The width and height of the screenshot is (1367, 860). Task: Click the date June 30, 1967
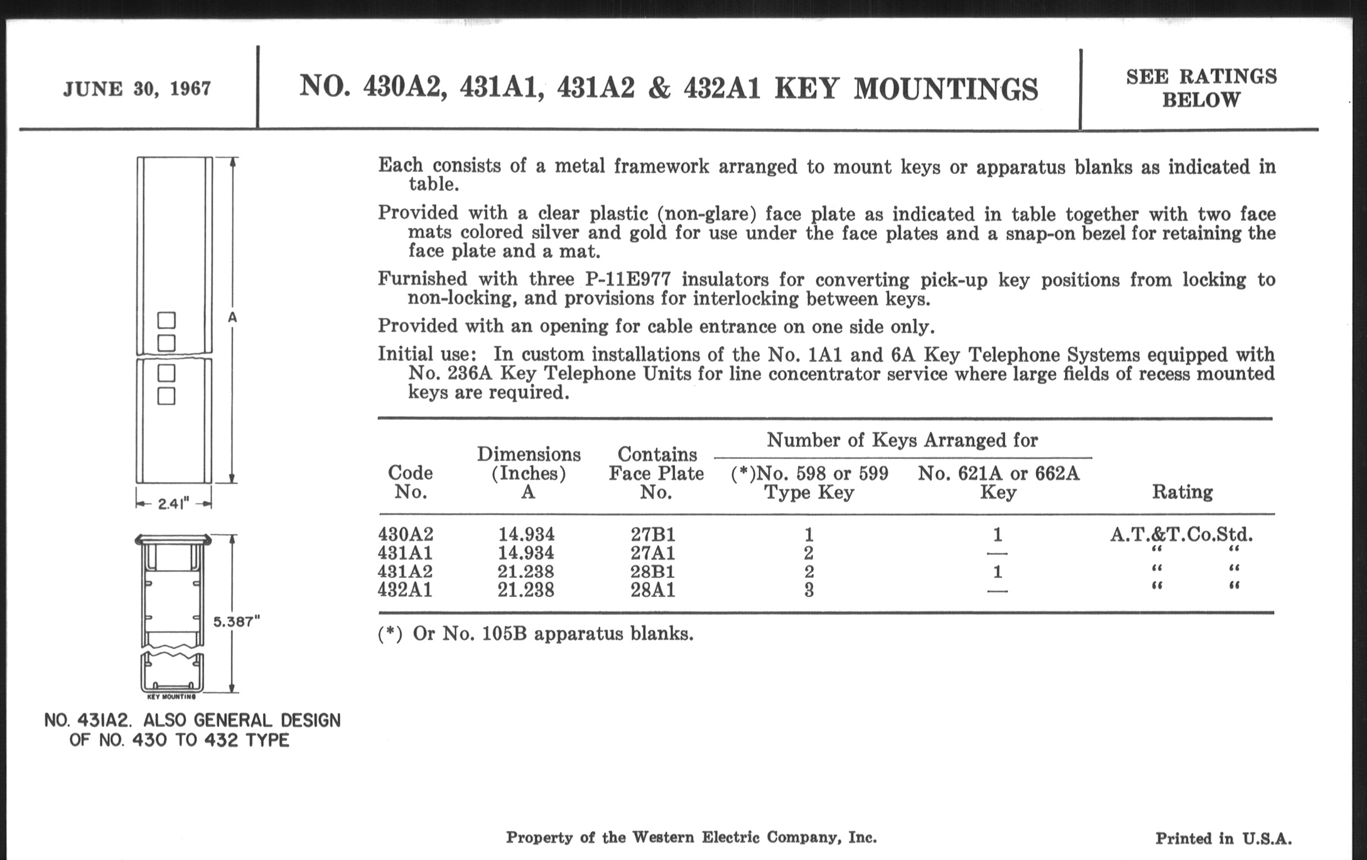(x=137, y=89)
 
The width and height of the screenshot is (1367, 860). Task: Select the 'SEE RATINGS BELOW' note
(x=1201, y=88)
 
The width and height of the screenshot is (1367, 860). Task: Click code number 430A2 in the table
(x=405, y=534)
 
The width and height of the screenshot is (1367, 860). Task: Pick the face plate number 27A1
(x=653, y=553)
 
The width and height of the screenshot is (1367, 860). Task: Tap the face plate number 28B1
(x=653, y=571)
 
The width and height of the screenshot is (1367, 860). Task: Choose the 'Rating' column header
(x=1182, y=492)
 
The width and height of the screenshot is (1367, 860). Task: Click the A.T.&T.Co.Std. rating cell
(x=1182, y=534)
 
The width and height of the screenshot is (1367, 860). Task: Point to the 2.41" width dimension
(x=173, y=504)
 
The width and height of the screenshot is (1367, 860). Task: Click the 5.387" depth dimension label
(x=236, y=622)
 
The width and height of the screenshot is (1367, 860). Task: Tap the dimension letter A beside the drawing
(x=232, y=318)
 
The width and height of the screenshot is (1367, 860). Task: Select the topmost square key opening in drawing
(x=166, y=320)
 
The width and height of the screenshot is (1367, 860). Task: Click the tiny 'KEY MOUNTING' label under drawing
(x=171, y=696)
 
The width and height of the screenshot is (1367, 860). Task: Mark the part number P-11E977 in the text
(x=627, y=279)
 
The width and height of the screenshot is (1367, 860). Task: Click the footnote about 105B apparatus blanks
(x=535, y=633)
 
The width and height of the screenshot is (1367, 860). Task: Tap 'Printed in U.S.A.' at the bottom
(x=1223, y=839)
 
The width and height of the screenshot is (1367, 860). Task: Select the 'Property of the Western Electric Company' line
(x=691, y=838)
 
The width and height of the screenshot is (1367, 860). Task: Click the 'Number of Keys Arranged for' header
(x=902, y=440)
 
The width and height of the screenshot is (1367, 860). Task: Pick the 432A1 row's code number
(x=405, y=590)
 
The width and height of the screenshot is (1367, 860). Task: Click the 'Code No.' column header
(x=410, y=482)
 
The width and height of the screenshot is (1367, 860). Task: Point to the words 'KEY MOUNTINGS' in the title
(x=906, y=89)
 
